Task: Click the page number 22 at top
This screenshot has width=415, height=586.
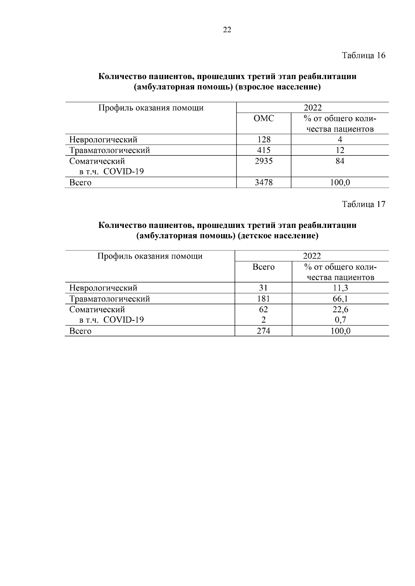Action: [x=227, y=30]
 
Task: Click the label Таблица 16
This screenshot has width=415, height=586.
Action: [x=363, y=56]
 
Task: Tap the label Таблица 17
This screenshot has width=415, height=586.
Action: [x=363, y=204]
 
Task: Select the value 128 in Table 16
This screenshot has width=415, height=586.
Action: [x=264, y=140]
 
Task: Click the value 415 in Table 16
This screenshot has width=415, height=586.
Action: [x=264, y=150]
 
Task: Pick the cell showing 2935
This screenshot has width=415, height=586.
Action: [x=264, y=161]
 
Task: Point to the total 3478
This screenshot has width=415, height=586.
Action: [x=264, y=182]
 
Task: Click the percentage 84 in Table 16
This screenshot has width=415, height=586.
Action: [x=340, y=161]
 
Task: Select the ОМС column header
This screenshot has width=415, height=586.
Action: [x=264, y=118]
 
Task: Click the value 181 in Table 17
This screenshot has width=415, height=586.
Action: [x=263, y=299]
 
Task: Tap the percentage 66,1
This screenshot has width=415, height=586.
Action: [x=340, y=299]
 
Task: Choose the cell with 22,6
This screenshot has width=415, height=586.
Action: [x=340, y=309]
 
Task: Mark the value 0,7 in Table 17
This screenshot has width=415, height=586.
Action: [x=340, y=320]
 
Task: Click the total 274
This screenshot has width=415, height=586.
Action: [x=263, y=331]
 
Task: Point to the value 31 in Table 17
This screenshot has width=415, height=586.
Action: [x=263, y=288]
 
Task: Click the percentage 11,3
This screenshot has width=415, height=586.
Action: [x=340, y=288]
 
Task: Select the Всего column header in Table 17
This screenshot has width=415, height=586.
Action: [x=263, y=267]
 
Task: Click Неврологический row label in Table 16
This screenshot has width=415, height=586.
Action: [x=103, y=140]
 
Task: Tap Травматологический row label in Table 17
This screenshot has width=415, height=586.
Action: [x=109, y=299]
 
